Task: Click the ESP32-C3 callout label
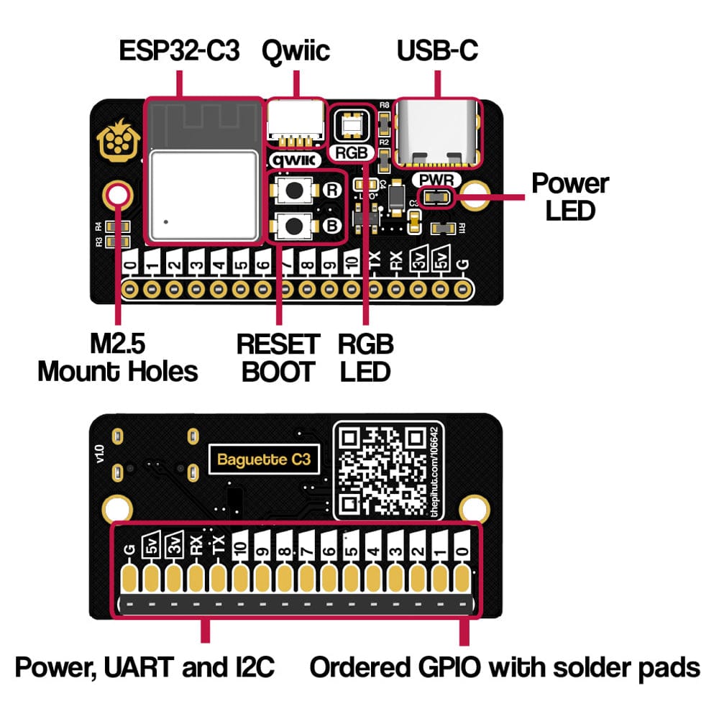pyautogui.click(x=180, y=52)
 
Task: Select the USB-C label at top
pyautogui.click(x=437, y=52)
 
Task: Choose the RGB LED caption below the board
pyautogui.click(x=366, y=357)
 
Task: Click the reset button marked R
pyautogui.click(x=295, y=190)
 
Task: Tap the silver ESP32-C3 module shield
pyautogui.click(x=203, y=195)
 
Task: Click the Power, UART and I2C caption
pyautogui.click(x=145, y=667)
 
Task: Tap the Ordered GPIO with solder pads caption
pyautogui.click(x=505, y=667)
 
